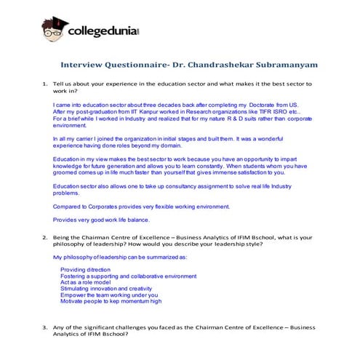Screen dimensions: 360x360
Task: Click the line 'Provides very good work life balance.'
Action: [101, 220]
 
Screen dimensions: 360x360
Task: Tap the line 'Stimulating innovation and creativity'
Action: [107, 288]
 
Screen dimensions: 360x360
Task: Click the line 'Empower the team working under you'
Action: [108, 295]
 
